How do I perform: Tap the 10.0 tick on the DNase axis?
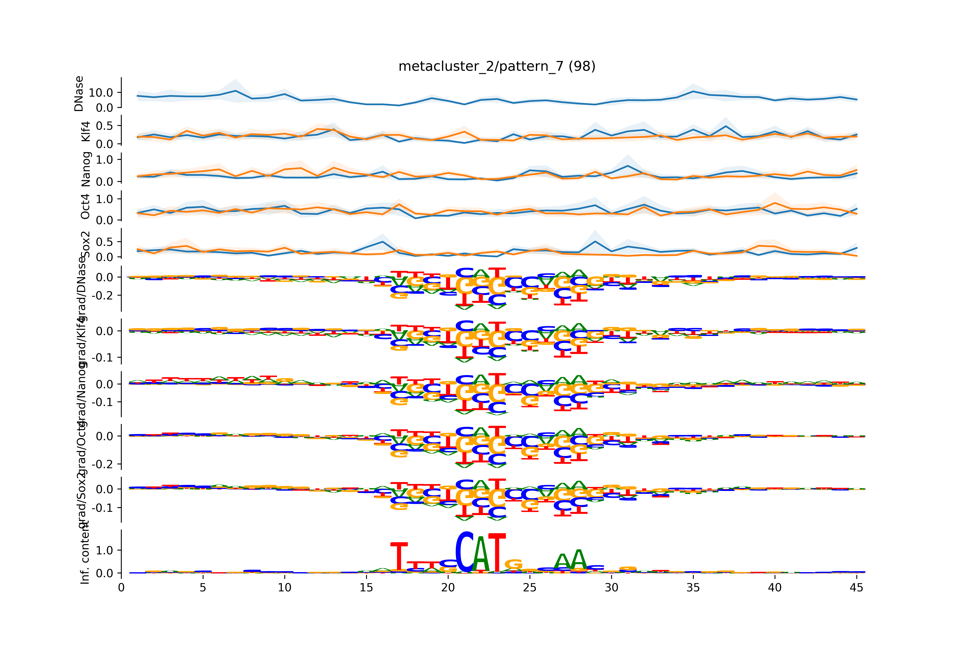[x=101, y=93]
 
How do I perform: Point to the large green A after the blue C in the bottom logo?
[x=481, y=554]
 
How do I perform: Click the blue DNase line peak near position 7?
[x=235, y=91]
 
